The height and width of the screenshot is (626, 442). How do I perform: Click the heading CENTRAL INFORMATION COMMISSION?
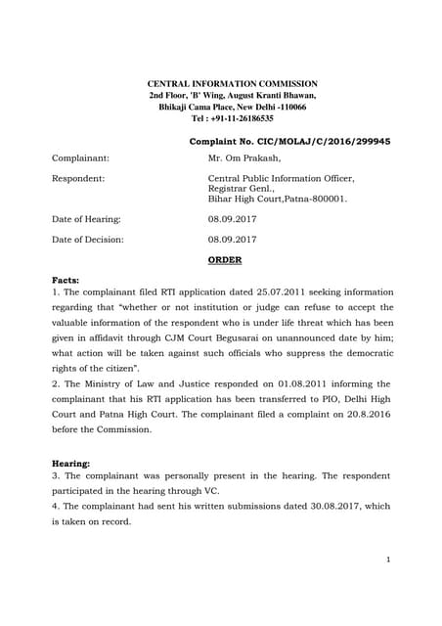[231, 85]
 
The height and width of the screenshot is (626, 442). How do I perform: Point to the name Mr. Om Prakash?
[244, 157]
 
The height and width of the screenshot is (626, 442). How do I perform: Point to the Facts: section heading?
[66, 280]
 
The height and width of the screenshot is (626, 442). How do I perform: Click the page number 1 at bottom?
[388, 559]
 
